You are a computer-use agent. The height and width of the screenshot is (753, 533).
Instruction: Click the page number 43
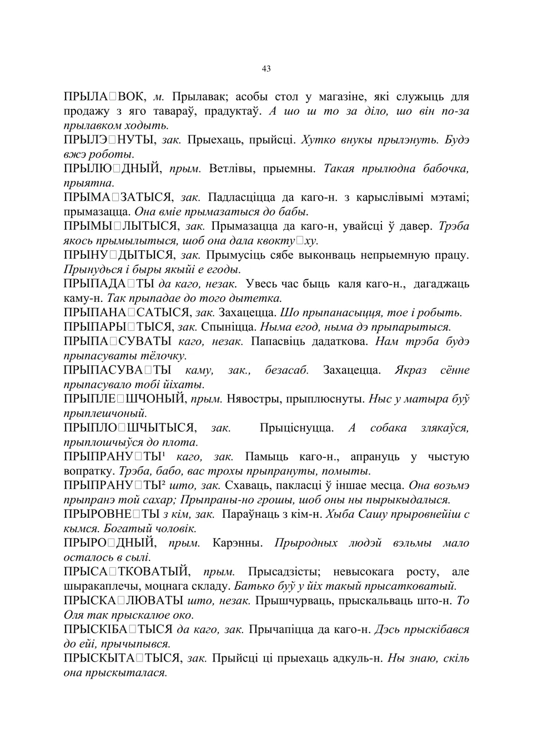[x=266, y=69]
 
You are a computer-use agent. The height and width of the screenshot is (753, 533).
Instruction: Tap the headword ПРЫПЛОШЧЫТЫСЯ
[x=130, y=428]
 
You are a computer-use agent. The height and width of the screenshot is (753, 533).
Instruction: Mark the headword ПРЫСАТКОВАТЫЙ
[x=127, y=572]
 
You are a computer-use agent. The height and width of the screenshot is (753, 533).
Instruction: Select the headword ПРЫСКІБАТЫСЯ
[x=118, y=629]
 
